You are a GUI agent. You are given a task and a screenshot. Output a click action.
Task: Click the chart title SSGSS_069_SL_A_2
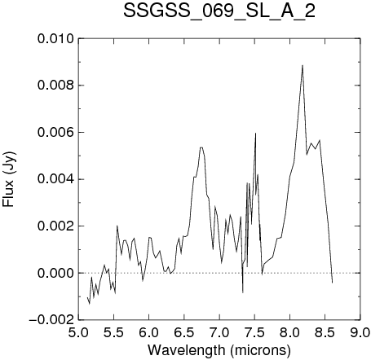(x=219, y=11)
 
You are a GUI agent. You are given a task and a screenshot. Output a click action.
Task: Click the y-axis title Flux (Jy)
(x=9, y=180)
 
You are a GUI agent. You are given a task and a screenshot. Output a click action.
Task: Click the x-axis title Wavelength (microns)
(x=219, y=350)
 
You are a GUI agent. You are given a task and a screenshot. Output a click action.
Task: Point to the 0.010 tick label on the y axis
(x=55, y=39)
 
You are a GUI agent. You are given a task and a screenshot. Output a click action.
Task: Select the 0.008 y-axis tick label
(x=55, y=86)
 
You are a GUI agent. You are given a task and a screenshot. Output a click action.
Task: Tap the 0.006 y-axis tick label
(x=55, y=133)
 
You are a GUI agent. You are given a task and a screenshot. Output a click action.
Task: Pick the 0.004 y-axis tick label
(x=55, y=179)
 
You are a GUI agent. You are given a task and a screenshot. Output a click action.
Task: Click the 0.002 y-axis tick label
(x=55, y=226)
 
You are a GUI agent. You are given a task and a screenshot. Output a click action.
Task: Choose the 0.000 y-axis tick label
(x=55, y=273)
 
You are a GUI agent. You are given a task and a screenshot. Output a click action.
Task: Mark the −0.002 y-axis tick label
(x=51, y=320)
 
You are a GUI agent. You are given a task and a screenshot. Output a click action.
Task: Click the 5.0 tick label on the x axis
(x=78, y=332)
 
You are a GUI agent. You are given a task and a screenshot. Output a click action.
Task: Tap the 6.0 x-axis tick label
(x=149, y=332)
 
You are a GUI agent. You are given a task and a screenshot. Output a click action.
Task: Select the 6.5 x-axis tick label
(x=184, y=332)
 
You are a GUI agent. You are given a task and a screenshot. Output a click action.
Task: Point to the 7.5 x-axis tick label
(x=254, y=332)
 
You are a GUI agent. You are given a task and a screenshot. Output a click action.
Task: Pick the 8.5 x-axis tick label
(x=325, y=332)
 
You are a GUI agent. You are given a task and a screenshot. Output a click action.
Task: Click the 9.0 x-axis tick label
(x=360, y=332)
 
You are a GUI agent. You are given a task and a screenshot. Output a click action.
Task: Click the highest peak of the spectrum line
(x=303, y=65)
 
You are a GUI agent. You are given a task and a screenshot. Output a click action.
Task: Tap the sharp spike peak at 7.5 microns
(x=255, y=133)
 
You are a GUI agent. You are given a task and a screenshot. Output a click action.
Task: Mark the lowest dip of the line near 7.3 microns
(x=243, y=292)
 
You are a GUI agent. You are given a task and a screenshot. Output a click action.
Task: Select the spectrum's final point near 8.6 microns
(x=332, y=283)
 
